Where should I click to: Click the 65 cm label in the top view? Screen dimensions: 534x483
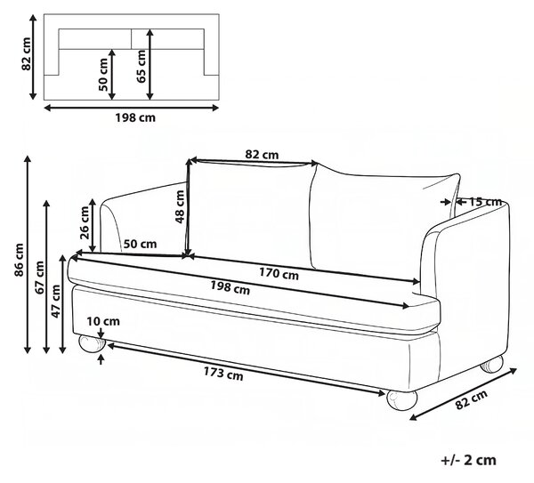point(141,66)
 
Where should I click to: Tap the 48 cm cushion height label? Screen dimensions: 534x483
point(180,206)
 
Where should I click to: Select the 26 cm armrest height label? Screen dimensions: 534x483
point(85,222)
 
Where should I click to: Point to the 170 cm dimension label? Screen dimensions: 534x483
point(279,273)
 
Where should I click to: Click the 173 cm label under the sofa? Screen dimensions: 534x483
point(223,374)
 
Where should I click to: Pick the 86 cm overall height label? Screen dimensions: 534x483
point(20,260)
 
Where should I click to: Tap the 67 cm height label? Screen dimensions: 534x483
point(39,278)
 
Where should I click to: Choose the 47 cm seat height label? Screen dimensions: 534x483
point(55,302)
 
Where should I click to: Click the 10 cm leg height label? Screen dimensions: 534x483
point(103,321)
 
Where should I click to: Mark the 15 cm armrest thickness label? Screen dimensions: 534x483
point(486,202)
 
